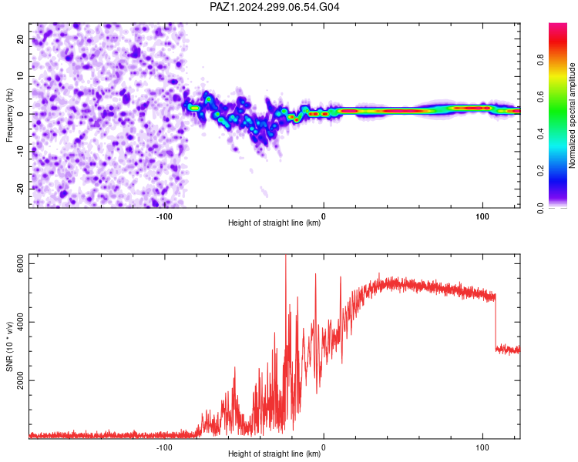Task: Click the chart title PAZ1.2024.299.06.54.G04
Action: click(274, 7)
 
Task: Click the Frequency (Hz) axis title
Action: click(9, 115)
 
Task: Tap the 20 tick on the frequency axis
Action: click(21, 39)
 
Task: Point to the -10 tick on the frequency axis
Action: click(21, 151)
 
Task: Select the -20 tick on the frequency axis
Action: click(21, 189)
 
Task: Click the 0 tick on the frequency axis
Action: click(21, 114)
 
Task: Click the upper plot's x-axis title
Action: click(274, 223)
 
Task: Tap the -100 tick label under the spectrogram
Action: click(164, 216)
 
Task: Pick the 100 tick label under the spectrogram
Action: click(482, 216)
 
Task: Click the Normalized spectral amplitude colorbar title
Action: click(572, 115)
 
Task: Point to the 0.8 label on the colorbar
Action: click(540, 59)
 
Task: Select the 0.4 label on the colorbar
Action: click(540, 134)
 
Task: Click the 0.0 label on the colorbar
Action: click(540, 208)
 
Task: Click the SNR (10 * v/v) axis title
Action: click(9, 346)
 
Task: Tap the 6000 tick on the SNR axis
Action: click(21, 264)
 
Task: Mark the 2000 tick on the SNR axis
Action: click(21, 380)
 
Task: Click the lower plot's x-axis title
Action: click(274, 454)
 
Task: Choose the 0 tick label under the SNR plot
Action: click(324, 447)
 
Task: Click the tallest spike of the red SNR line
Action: click(286, 256)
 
